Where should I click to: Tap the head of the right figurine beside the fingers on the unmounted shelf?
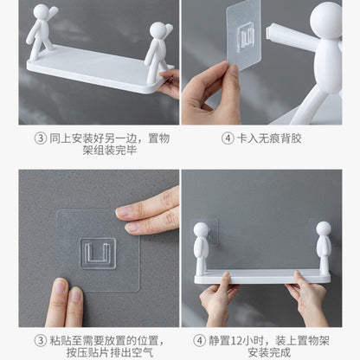click(157, 30)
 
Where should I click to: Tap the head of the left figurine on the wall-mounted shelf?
click(201, 231)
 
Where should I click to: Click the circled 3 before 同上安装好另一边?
click(40, 138)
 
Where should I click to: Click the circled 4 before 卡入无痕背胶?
click(228, 138)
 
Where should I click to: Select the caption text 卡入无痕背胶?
click(269, 138)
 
